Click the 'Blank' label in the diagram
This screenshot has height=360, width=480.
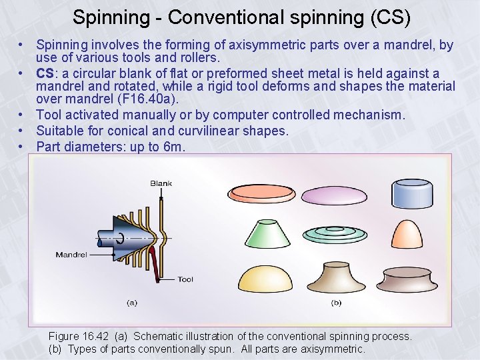161,183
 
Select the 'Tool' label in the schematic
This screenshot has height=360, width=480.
185,279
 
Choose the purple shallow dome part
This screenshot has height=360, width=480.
334,195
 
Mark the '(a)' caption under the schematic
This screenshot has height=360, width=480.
132,303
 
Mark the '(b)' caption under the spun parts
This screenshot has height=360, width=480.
336,303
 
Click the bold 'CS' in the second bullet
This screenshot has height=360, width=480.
45,73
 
